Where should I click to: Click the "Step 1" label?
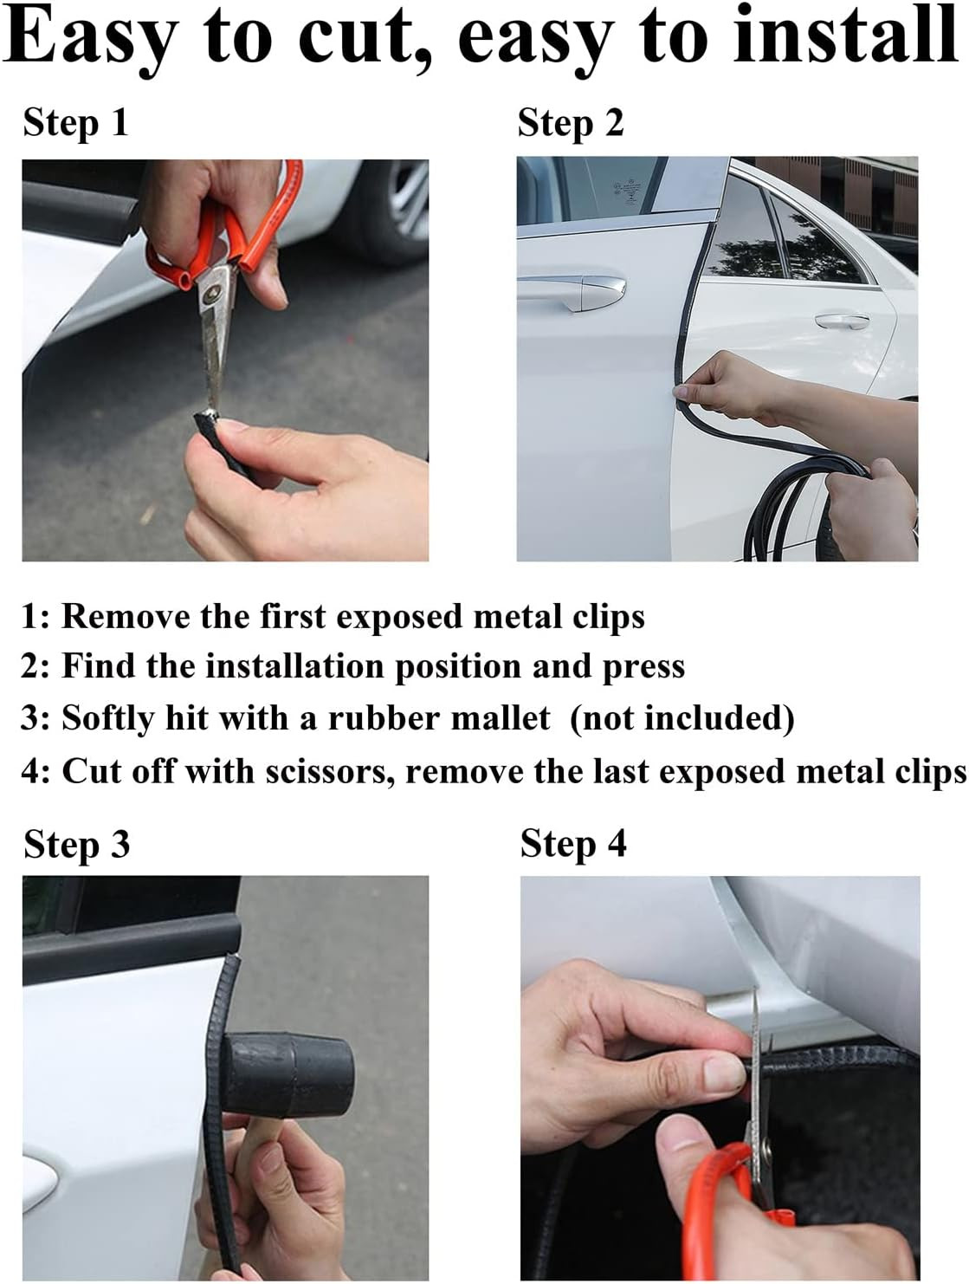[x=75, y=123]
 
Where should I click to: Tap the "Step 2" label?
[x=571, y=123]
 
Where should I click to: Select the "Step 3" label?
[x=76, y=846]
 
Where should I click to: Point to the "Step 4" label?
[x=572, y=844]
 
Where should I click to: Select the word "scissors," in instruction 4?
[x=330, y=772]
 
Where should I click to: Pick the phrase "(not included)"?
[x=682, y=718]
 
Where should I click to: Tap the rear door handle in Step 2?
[x=843, y=321]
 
